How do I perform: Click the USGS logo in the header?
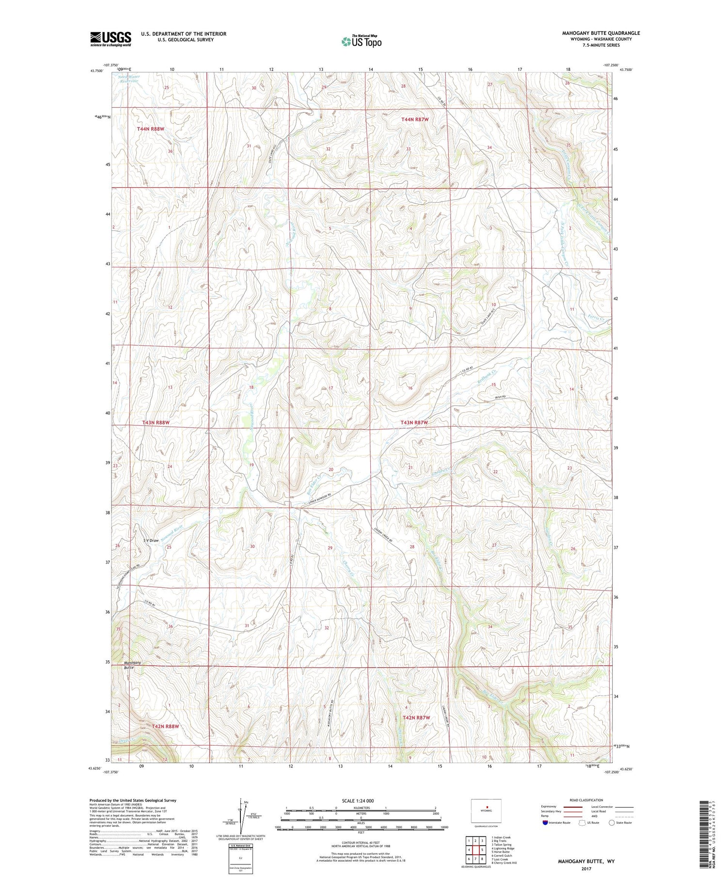pyautogui.click(x=111, y=39)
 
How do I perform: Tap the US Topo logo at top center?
pyautogui.click(x=361, y=41)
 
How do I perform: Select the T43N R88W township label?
pyautogui.click(x=156, y=423)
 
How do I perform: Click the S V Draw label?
pyautogui.click(x=151, y=540)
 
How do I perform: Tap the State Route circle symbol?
pyautogui.click(x=612, y=823)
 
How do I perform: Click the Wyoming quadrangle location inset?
pyautogui.click(x=486, y=811)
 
